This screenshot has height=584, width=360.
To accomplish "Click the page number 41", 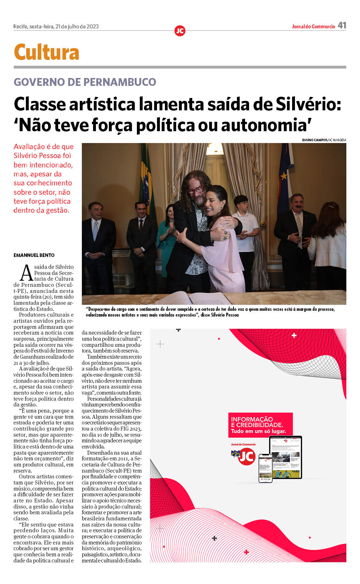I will click(x=342, y=25).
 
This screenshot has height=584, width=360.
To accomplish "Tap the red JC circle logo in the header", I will click(x=180, y=31).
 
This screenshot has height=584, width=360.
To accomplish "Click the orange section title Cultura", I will click(x=46, y=52).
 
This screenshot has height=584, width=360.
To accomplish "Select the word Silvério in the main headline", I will click(x=306, y=104).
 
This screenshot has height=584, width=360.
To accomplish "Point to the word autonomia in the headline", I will click(x=264, y=125).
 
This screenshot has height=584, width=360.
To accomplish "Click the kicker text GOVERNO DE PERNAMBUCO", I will click(x=85, y=82).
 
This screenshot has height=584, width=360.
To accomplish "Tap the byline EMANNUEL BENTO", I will click(x=34, y=255).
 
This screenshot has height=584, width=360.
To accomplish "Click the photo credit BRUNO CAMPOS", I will click(x=314, y=140).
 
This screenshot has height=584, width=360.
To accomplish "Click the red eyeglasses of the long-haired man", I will click(x=195, y=190).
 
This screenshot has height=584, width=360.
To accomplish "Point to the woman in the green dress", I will click(x=166, y=237).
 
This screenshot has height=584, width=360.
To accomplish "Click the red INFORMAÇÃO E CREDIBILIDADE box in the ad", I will click(x=260, y=424).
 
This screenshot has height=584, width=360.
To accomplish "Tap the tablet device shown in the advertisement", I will click(x=286, y=457).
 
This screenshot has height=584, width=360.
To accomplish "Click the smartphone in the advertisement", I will click(x=265, y=467).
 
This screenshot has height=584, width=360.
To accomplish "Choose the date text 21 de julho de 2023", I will click(x=77, y=27).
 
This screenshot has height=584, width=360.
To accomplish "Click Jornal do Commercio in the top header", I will click(x=313, y=27).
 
